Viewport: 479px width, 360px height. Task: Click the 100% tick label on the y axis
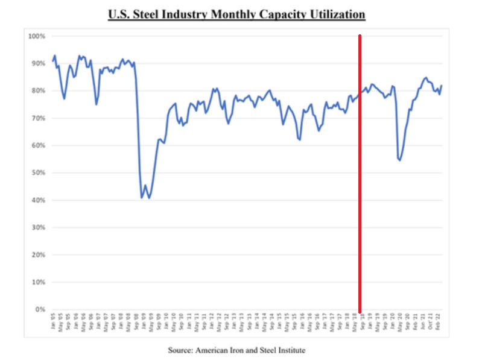pos(37,37)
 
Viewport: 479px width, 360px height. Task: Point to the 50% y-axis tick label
pos(38,173)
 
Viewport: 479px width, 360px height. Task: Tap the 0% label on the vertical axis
pos(40,310)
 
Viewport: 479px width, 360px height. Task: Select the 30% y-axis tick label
pos(38,228)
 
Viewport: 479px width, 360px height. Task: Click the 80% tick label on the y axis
pos(38,91)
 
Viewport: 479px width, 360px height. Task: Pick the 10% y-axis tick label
pos(38,282)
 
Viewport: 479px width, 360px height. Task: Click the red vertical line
pos(360,181)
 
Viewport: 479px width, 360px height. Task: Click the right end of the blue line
pos(442,86)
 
